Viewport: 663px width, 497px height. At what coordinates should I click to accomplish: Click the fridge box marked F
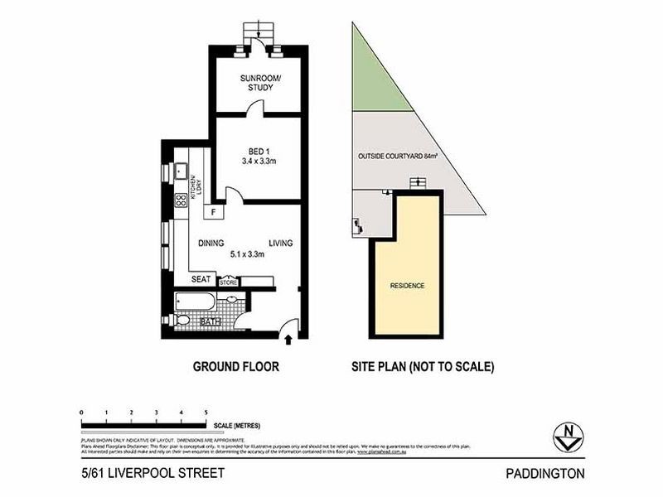(x=215, y=212)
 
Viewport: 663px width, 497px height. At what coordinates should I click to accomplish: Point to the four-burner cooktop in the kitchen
(x=180, y=200)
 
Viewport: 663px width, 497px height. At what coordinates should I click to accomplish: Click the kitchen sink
(x=180, y=171)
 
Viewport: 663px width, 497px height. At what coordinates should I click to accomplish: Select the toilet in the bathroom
(x=182, y=320)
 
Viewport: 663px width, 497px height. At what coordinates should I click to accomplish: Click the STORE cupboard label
(x=228, y=282)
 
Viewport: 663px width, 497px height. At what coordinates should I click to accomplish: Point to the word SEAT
(x=201, y=279)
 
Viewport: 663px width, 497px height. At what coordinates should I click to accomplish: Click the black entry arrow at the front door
(x=288, y=338)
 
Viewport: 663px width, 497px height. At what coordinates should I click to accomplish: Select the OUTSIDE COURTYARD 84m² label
(x=398, y=156)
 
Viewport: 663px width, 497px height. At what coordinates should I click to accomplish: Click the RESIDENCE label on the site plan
(x=407, y=286)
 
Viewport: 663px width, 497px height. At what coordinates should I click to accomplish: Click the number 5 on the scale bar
(x=206, y=412)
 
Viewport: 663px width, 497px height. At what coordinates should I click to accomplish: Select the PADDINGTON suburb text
(x=545, y=474)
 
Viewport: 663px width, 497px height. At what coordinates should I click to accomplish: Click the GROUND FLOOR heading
(x=235, y=365)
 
